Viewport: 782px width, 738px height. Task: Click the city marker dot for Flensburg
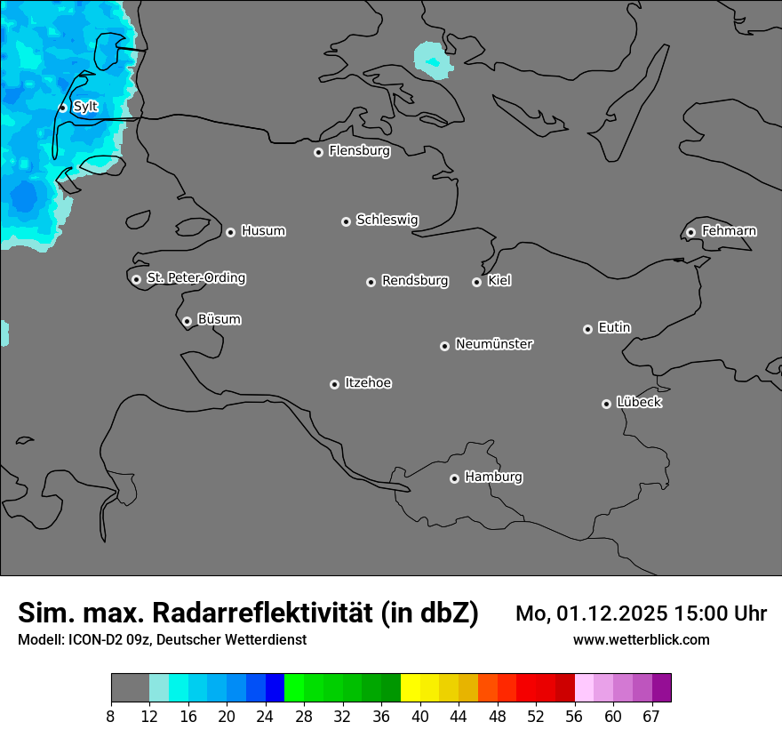pyautogui.click(x=318, y=152)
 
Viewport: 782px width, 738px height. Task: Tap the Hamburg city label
pyautogui.click(x=493, y=477)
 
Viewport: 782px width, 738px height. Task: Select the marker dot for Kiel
pyautogui.click(x=476, y=282)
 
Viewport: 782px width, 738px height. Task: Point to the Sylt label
pyautogui.click(x=85, y=107)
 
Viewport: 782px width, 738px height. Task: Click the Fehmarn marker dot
pyautogui.click(x=690, y=232)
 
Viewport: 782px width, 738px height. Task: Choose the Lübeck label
pyautogui.click(x=639, y=402)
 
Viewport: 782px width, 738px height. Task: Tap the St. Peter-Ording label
pyautogui.click(x=195, y=277)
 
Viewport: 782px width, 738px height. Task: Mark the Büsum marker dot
pyautogui.click(x=187, y=321)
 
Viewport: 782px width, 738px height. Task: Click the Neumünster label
pyautogui.click(x=494, y=343)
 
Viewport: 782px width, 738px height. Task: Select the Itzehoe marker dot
pyautogui.click(x=334, y=384)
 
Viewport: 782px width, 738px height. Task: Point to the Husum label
pyautogui.click(x=263, y=230)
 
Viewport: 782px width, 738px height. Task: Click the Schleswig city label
pyautogui.click(x=387, y=219)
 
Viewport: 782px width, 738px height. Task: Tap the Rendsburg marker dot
pyautogui.click(x=371, y=282)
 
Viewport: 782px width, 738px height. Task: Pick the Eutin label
pyautogui.click(x=614, y=327)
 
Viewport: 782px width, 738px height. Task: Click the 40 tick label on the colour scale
pyautogui.click(x=420, y=716)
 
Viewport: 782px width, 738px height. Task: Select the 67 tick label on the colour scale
pyautogui.click(x=650, y=716)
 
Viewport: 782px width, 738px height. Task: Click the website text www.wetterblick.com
pyautogui.click(x=641, y=639)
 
